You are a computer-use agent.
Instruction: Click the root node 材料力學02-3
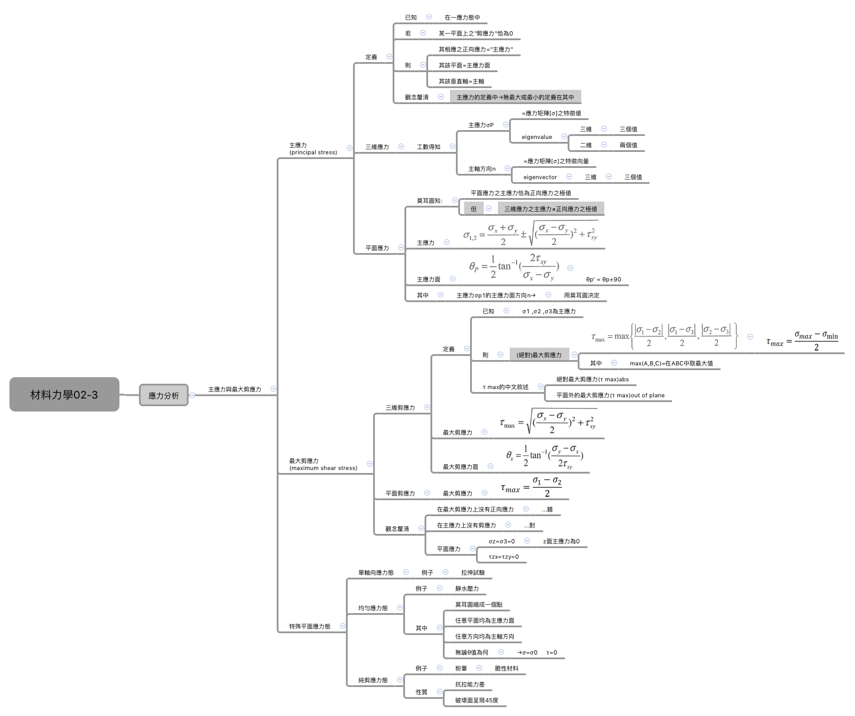pos(64,394)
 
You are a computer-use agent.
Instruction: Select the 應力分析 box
pos(163,395)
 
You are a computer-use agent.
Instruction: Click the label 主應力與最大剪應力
pos(234,389)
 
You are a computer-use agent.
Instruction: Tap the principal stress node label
pos(313,148)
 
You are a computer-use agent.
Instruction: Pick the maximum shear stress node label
pos(323,464)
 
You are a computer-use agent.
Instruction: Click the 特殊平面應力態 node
pos(309,626)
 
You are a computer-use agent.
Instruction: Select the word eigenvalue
pos(536,137)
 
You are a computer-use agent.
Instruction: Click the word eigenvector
pos(540,177)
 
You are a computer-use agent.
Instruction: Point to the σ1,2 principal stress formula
pos(530,233)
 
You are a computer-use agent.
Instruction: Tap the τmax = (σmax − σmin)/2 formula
pos(802,340)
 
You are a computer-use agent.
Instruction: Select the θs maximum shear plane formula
pos(545,456)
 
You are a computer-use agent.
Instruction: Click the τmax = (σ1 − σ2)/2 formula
pos(531,487)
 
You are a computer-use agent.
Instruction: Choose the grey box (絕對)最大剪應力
pos(539,355)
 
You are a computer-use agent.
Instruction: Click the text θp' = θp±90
pos(603,280)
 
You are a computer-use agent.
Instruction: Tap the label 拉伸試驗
pos(472,572)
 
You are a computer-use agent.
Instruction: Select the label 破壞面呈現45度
pos(477,700)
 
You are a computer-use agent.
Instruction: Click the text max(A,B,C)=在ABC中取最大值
pos(671,363)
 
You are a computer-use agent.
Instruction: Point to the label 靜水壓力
pos(467,588)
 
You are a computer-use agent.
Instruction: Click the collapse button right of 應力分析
pos(192,395)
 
